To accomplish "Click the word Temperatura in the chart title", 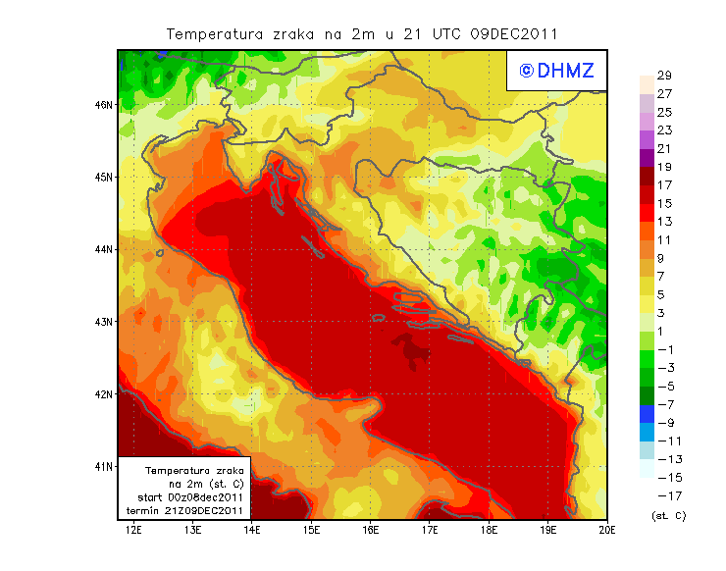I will pos(212,33).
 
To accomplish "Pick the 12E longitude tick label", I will pos(133,531).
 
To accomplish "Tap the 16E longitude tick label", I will pos(370,531).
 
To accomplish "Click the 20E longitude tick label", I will pos(606,531).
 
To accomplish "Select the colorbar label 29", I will pos(663,76).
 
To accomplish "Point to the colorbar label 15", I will pos(663,203).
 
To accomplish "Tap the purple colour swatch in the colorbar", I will pos(646,157).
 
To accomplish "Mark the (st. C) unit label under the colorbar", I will pos(668,515).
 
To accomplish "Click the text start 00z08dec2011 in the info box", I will pos(190,497).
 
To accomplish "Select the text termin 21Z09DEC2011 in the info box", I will pos(190,510).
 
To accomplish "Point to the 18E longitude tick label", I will pos(489,531).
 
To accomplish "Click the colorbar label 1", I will pos(663,331).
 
